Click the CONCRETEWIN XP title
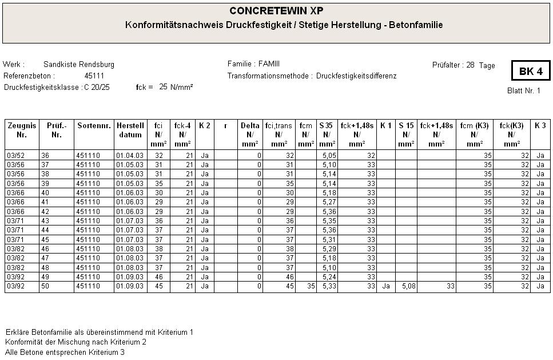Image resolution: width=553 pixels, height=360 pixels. pyautogui.click(x=276, y=11)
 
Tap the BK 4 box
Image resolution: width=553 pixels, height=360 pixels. pyautogui.click(x=530, y=72)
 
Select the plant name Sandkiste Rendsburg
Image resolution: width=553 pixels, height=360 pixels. pyautogui.click(x=79, y=64)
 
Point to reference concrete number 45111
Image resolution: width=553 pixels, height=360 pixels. pyautogui.click(x=94, y=76)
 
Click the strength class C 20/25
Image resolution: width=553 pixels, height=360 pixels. pyautogui.click(x=97, y=87)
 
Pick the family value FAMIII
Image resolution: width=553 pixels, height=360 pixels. pyautogui.click(x=269, y=64)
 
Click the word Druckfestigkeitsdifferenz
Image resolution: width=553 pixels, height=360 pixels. pyautogui.click(x=356, y=76)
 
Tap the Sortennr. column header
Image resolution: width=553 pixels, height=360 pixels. pyautogui.click(x=94, y=125)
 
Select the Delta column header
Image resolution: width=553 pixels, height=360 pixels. pyautogui.click(x=250, y=125)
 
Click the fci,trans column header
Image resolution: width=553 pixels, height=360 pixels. pyautogui.click(x=279, y=125)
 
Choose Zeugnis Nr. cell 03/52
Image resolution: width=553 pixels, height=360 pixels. pyautogui.click(x=15, y=155)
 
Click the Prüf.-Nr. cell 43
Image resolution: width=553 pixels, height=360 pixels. pyautogui.click(x=45, y=221)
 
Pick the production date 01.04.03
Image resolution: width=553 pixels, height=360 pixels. pyautogui.click(x=130, y=155)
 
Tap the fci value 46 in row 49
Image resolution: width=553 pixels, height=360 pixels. pyautogui.click(x=159, y=277)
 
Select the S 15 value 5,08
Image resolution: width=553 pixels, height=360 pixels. pyautogui.click(x=406, y=286)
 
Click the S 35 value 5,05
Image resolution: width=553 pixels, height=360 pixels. pyautogui.click(x=328, y=155)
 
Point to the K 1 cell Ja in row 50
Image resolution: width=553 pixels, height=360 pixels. pyautogui.click(x=386, y=286)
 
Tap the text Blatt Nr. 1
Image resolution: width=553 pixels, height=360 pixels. pyautogui.click(x=523, y=91)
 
